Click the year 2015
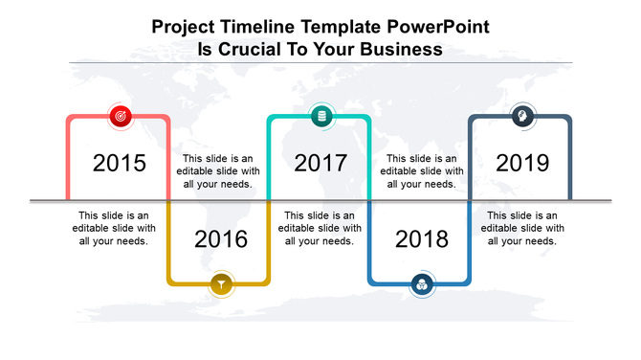click(x=120, y=163)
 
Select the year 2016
click(x=221, y=238)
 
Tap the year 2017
click(x=320, y=163)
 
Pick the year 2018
click(x=421, y=238)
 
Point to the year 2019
click(x=522, y=163)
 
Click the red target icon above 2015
click(x=121, y=117)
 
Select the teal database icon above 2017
click(x=321, y=117)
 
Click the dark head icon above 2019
click(x=521, y=117)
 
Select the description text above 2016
click(x=220, y=171)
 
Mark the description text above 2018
click(x=421, y=171)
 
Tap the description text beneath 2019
click(x=521, y=228)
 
